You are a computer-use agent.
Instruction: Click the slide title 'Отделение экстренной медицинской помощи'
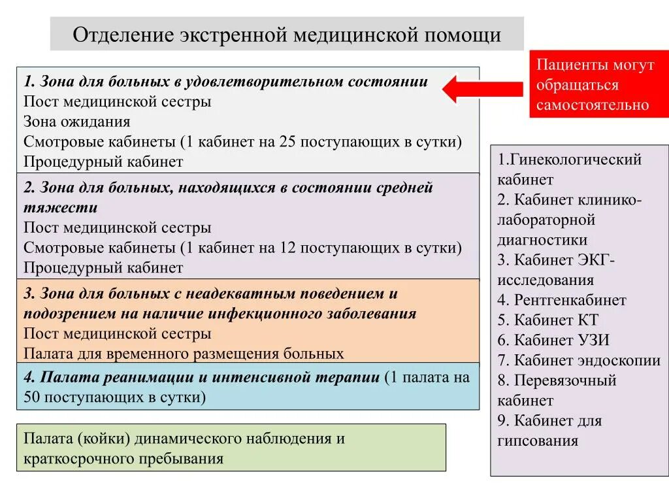click(287, 34)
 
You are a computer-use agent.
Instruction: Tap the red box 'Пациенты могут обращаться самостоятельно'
click(595, 85)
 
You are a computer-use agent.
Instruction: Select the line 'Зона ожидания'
click(77, 122)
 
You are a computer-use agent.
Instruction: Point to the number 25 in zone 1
click(287, 142)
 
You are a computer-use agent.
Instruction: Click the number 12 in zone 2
click(287, 248)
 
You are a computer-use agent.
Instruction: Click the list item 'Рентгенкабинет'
click(570, 300)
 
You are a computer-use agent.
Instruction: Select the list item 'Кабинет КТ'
click(556, 320)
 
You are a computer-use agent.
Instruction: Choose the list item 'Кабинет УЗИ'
click(561, 340)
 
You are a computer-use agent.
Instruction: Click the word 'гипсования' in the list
click(538, 441)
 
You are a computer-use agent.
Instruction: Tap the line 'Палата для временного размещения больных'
click(184, 354)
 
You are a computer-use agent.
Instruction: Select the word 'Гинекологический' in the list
click(576, 159)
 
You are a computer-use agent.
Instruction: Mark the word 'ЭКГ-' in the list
click(595, 260)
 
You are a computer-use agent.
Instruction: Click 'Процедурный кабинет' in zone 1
click(103, 161)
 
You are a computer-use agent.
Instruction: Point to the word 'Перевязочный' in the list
click(565, 380)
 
